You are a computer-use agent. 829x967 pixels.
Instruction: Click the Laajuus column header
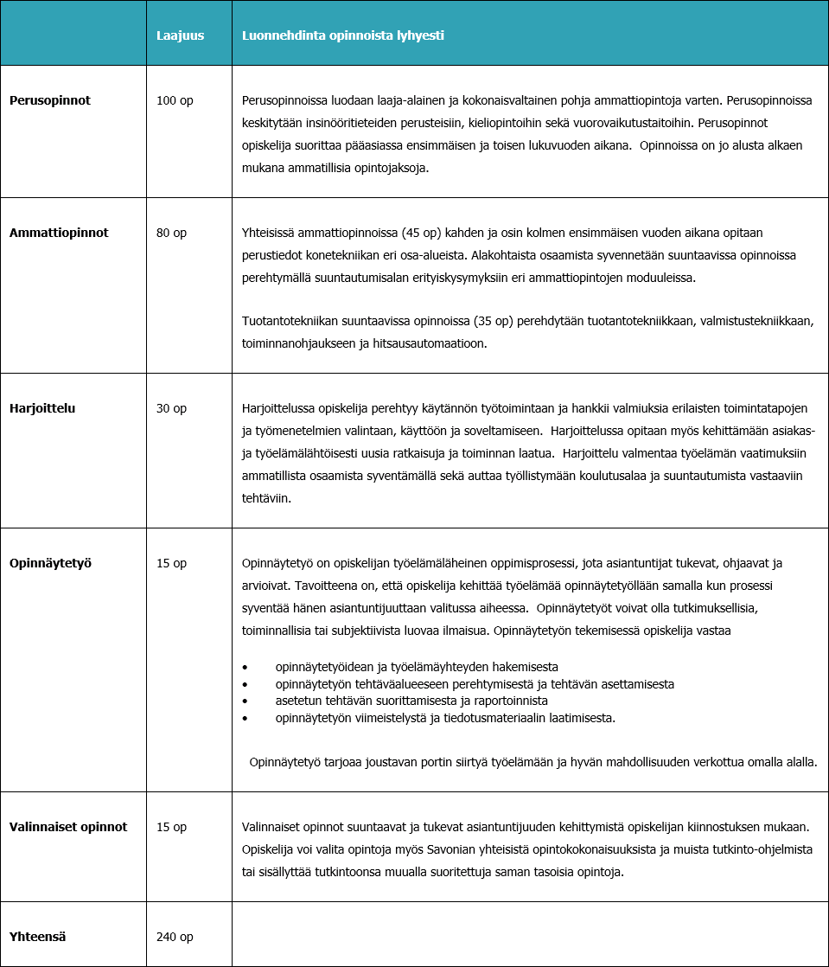tap(180, 35)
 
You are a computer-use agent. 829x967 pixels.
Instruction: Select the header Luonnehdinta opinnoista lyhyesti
tap(343, 35)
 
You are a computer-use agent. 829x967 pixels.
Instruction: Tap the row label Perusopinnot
tap(50, 100)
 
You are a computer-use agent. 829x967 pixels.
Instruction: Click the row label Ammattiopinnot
tap(59, 233)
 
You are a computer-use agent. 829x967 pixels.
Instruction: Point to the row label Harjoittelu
tap(42, 408)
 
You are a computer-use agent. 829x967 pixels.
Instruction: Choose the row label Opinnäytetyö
tap(51, 563)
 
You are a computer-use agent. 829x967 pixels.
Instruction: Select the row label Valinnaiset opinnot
tap(68, 827)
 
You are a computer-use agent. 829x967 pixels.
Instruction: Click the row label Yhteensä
tap(38, 937)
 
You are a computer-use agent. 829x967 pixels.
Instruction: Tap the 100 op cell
tap(175, 100)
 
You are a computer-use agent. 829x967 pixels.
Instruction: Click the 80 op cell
tap(171, 233)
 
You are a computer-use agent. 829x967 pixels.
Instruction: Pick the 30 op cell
tap(171, 408)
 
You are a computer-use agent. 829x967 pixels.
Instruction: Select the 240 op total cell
tap(175, 937)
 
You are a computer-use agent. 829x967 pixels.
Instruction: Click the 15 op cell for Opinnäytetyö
tap(171, 563)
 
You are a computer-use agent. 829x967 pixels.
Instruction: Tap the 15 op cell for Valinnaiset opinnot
tap(171, 827)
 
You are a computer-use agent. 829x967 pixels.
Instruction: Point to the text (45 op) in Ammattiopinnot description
tap(419, 234)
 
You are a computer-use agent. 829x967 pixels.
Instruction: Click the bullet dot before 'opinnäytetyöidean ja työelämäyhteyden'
tap(246, 668)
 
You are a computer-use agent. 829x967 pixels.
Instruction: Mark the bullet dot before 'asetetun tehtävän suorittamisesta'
tap(246, 701)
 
